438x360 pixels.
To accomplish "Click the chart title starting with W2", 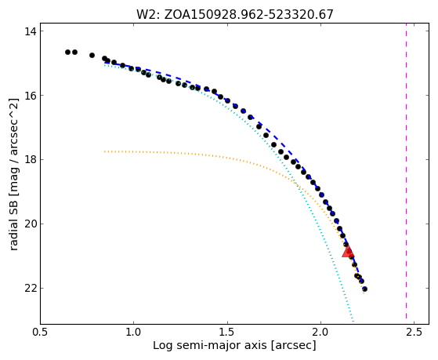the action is click(x=235, y=14).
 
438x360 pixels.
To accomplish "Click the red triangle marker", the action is click(x=348, y=252).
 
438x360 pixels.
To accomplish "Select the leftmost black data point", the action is click(x=67, y=52).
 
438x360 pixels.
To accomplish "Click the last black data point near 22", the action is click(x=364, y=289).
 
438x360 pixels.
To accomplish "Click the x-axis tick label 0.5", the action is click(x=41, y=332).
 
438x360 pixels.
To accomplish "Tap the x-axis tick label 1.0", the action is click(x=134, y=332).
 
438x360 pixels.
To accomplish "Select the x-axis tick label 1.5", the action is click(x=227, y=332).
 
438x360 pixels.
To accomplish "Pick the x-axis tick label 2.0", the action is click(x=321, y=332).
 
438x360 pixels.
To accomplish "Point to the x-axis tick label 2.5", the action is click(x=414, y=332).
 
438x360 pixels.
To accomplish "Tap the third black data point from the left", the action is click(x=92, y=55).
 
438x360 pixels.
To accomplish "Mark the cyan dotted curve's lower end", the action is click(x=353, y=321).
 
